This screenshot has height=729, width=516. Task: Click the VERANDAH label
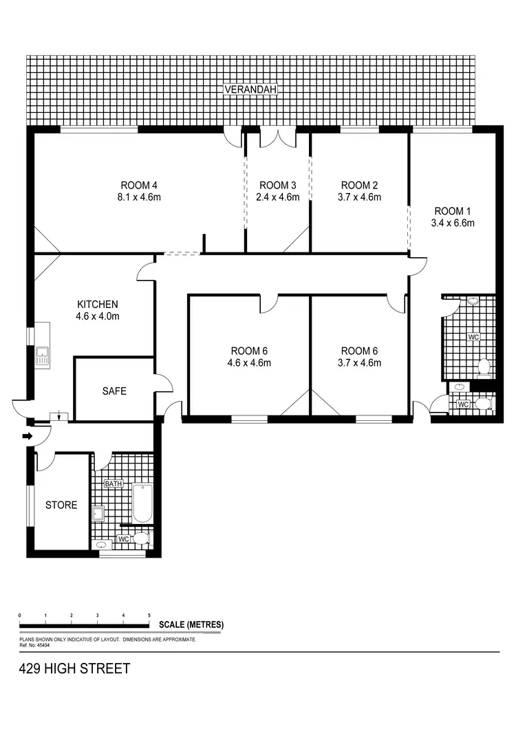pos(250,89)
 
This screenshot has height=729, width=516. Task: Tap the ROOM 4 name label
pos(140,185)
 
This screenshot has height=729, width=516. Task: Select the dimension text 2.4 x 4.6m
pos(278,197)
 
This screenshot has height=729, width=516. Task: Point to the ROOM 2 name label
pos(360,185)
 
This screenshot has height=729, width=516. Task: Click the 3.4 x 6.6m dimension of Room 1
pos(453,223)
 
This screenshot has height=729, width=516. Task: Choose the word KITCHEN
pos(98,304)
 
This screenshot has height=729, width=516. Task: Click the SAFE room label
pos(114,391)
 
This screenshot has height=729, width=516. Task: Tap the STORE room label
pos(61,505)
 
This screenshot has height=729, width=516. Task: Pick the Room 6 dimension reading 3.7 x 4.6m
pos(361,363)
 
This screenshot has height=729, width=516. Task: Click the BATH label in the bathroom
pos(114,484)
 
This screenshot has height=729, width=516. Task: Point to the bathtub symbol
pos(142,503)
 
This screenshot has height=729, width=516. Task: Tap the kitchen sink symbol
pos(42,356)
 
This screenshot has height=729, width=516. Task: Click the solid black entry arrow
pos(28,436)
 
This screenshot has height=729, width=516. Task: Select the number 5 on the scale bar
pos(149,615)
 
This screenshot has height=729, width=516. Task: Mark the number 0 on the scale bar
pos(20,615)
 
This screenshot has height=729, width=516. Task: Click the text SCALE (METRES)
pos(191,624)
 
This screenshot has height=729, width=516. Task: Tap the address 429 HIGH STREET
pos(74,668)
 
